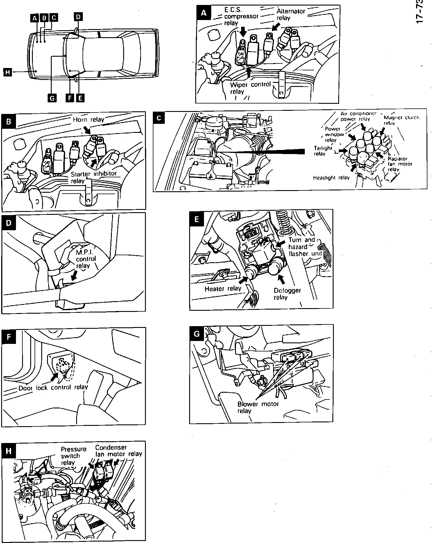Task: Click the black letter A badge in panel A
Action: [204, 13]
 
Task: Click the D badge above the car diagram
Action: [78, 17]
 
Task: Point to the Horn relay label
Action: [88, 119]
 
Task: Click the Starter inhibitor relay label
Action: [94, 177]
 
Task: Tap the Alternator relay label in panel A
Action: [290, 15]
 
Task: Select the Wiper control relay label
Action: [250, 88]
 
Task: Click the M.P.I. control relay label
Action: [85, 259]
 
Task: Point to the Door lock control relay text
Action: [53, 387]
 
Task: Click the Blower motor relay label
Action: [258, 407]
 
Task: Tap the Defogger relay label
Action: [287, 294]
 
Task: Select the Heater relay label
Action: [223, 289]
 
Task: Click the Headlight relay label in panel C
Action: [331, 178]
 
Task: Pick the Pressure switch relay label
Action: [74, 456]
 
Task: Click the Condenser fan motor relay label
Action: [118, 451]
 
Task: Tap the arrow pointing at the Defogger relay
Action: [281, 279]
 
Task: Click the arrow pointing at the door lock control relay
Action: [54, 377]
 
